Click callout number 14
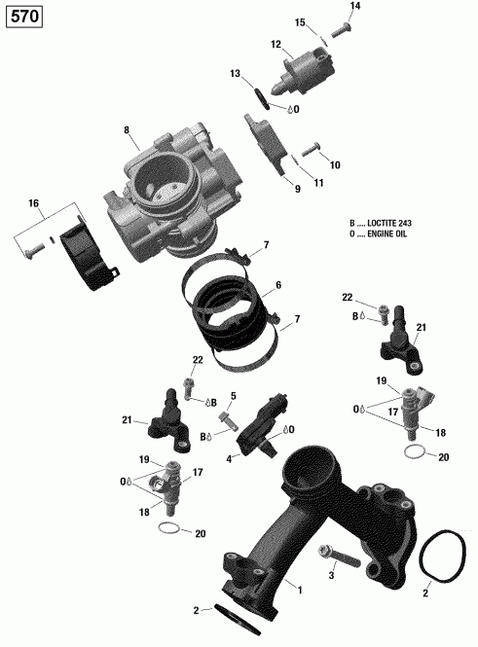(x=354, y=7)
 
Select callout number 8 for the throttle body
(x=126, y=130)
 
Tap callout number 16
(x=34, y=203)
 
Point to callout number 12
(x=276, y=44)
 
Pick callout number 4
(x=229, y=458)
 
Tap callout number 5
(x=234, y=396)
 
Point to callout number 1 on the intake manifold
(x=299, y=590)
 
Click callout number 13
(x=235, y=74)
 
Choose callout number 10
(x=336, y=165)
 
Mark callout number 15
(x=300, y=22)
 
